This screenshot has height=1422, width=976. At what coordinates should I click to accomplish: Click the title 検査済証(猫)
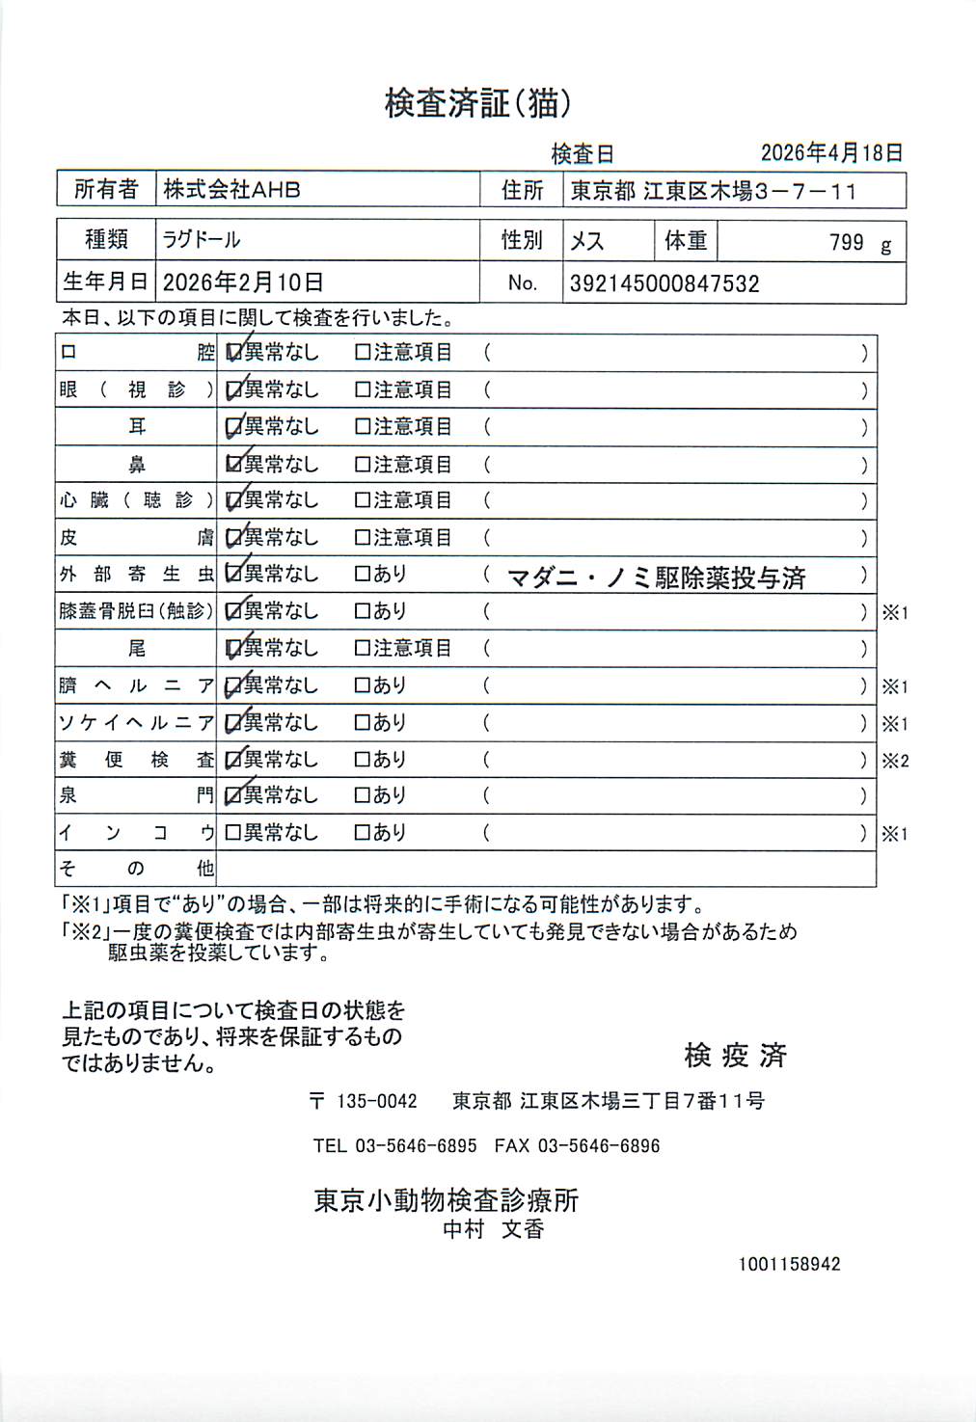tap(477, 103)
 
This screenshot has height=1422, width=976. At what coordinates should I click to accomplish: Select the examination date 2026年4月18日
tap(831, 152)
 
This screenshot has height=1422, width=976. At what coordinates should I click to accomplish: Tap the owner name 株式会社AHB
tap(231, 190)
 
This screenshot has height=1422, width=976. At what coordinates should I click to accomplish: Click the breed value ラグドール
tap(202, 239)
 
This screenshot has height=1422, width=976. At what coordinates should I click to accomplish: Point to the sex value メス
tap(586, 240)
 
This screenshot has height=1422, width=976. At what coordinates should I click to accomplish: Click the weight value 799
tap(846, 242)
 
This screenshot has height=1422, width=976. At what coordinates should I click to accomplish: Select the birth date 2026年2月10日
tap(243, 282)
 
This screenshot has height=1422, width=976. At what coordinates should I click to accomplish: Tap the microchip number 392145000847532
tap(664, 283)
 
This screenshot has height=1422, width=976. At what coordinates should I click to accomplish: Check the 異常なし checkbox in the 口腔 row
tap(233, 353)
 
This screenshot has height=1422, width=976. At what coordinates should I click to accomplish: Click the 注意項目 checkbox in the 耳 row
tap(363, 426)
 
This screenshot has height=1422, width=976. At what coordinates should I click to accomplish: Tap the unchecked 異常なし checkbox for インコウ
tap(232, 832)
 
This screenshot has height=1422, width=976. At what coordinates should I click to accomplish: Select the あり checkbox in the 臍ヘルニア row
tap(363, 685)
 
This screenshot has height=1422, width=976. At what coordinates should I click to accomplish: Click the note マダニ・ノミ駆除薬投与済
tap(656, 577)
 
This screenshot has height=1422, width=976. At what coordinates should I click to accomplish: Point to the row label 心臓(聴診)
tap(136, 500)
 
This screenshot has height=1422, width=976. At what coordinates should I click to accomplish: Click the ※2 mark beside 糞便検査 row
tap(895, 761)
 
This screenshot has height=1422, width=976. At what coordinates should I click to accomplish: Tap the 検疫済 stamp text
tap(735, 1056)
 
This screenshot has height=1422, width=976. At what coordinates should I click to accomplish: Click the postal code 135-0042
tap(376, 1101)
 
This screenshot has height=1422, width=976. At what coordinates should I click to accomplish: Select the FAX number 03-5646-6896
tap(598, 1146)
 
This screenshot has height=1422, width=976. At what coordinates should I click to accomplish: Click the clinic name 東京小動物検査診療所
tap(446, 1200)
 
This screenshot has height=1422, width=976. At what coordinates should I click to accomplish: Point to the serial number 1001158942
tap(789, 1264)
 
